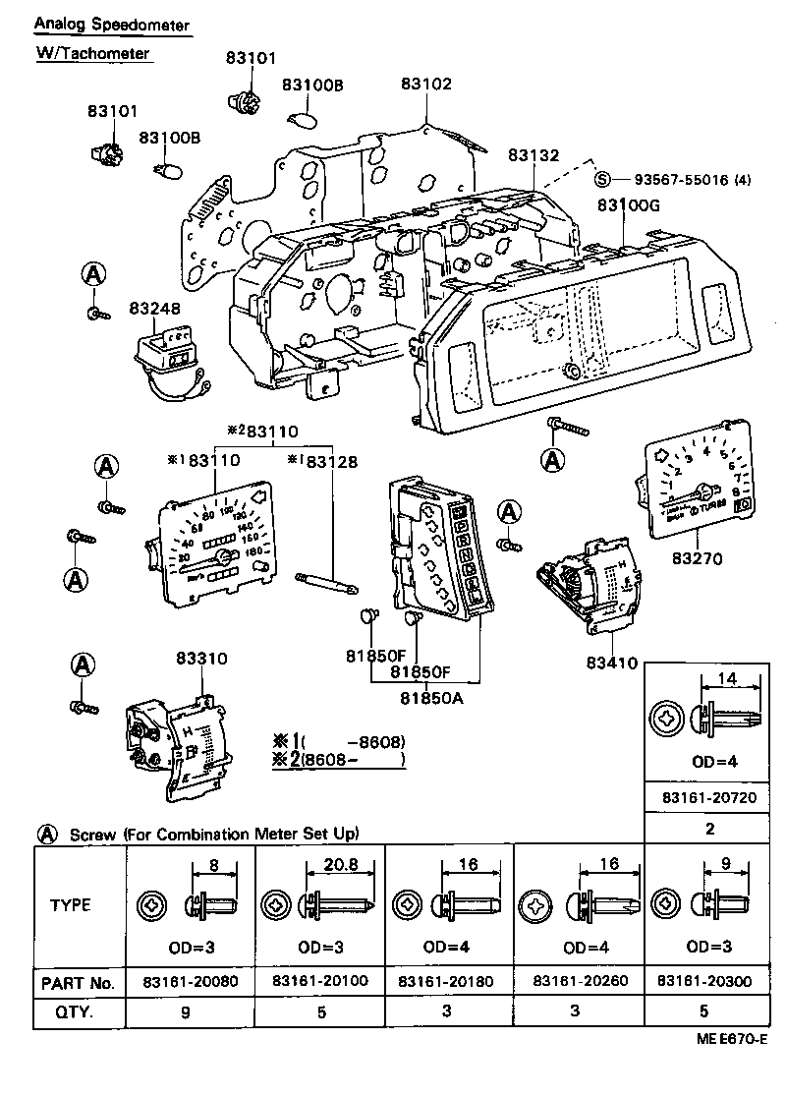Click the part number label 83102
point(426,85)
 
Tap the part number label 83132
point(533,155)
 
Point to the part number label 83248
point(154,309)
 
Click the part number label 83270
point(697,559)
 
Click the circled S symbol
point(603,179)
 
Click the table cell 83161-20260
point(579,982)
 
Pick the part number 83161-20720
point(707,798)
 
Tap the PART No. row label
point(79,982)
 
